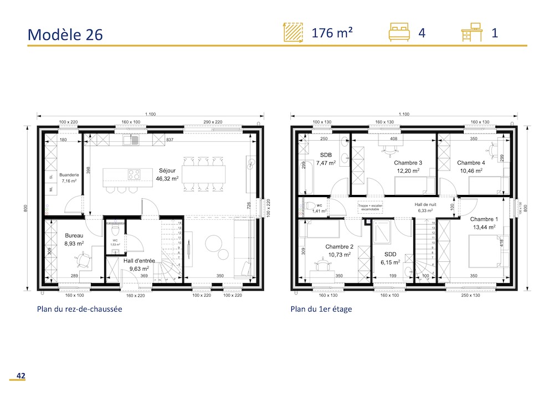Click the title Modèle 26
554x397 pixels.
(65, 34)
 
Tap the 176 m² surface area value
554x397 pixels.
(332, 33)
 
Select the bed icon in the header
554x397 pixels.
(399, 33)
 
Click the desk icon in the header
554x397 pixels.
(472, 33)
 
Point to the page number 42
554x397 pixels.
(20, 376)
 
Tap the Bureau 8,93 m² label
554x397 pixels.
(74, 239)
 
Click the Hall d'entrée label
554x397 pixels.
(139, 264)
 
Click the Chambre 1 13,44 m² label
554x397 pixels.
(484, 223)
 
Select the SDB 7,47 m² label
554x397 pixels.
(326, 159)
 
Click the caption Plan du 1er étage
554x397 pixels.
(321, 310)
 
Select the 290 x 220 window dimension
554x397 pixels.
(212, 122)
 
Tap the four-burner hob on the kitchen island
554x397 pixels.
(134, 174)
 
